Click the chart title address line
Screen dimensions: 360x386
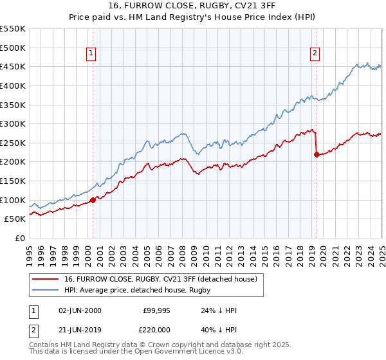(x=193, y=7)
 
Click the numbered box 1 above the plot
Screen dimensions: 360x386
(x=91, y=54)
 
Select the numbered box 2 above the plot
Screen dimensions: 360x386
(x=315, y=54)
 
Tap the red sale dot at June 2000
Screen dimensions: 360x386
(x=93, y=200)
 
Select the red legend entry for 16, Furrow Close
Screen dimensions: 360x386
(x=161, y=279)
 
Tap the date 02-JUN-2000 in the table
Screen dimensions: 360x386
(x=80, y=310)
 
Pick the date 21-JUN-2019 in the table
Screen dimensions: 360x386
(x=80, y=329)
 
